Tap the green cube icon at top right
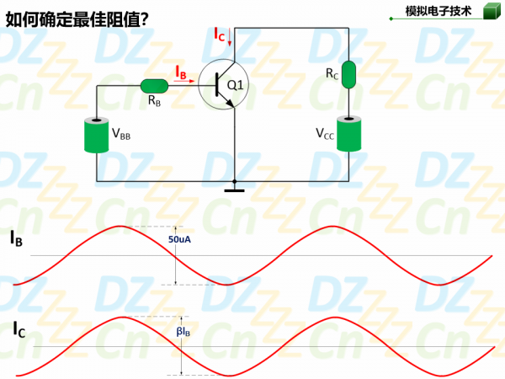tap(490, 11)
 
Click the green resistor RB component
tap(154, 85)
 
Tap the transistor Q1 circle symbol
tap(225, 85)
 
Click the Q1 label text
tap(236, 85)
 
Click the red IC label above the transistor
tap(219, 35)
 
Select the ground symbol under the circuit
tap(234, 187)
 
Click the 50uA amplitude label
tap(181, 240)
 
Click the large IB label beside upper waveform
tap(16, 239)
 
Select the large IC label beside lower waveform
tap(19, 330)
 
